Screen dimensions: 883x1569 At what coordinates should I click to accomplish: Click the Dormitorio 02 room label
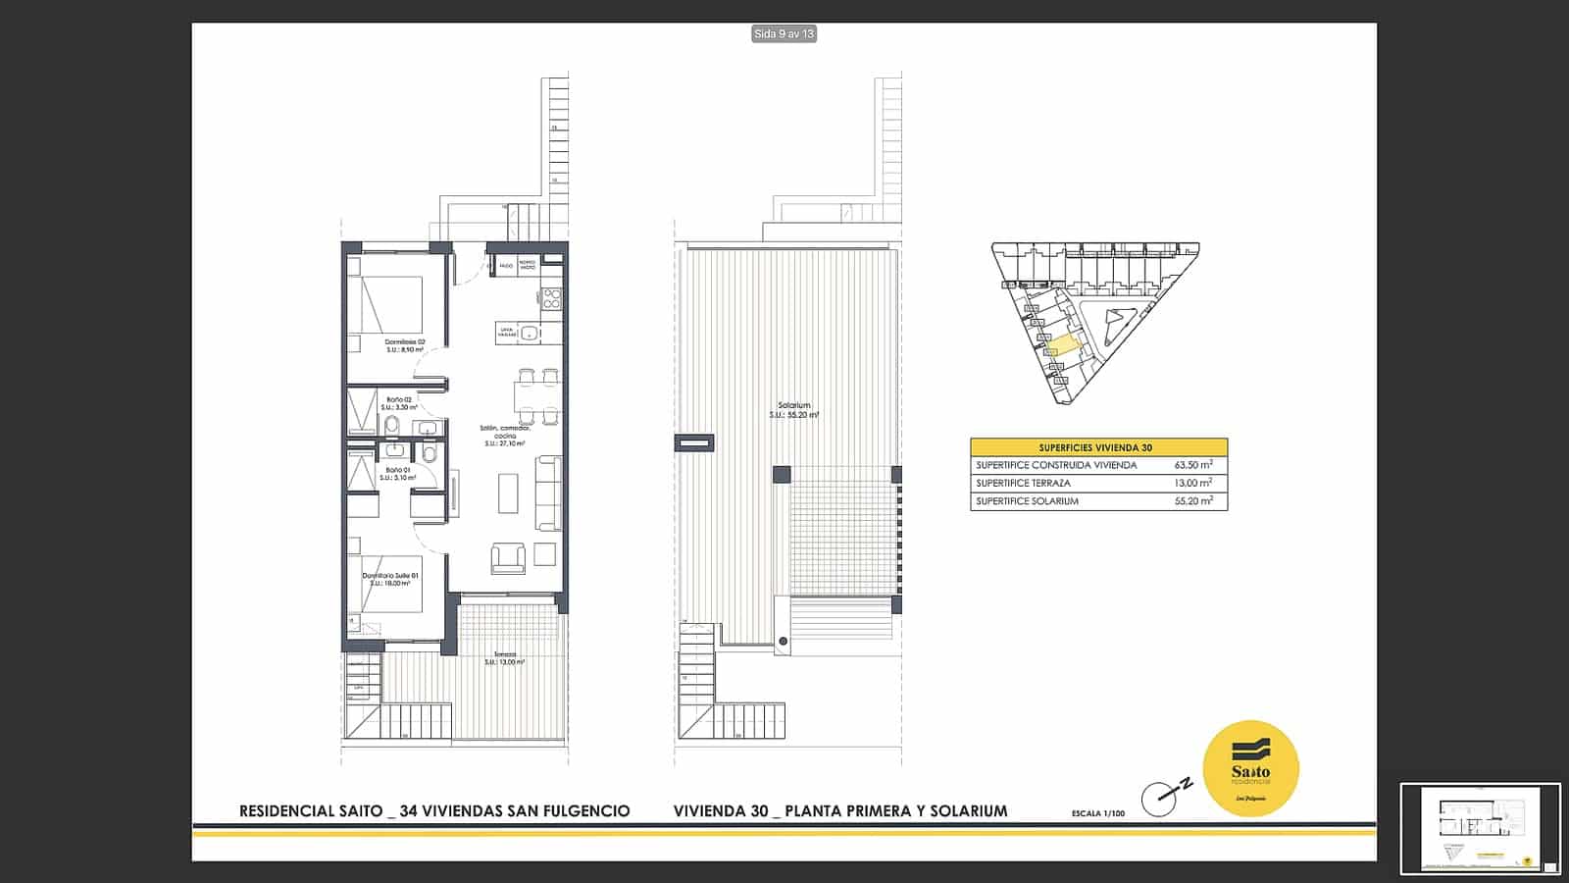coord(404,345)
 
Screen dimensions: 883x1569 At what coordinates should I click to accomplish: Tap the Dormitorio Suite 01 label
coord(390,579)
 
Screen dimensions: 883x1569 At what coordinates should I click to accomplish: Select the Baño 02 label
coord(400,403)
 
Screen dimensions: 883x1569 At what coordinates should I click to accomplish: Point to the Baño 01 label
coord(398,474)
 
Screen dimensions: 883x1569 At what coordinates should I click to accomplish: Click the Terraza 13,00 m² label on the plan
coord(504,658)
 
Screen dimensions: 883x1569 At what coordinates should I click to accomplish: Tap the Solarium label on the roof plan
coord(793,410)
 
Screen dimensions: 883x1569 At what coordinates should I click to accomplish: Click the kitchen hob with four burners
coord(551,298)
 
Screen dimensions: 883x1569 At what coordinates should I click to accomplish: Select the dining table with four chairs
coord(537,395)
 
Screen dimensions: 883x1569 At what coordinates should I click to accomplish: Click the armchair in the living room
coord(508,557)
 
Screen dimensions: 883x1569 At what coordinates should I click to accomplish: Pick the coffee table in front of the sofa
coord(508,493)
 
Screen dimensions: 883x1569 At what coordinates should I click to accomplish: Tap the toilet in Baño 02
coord(392,425)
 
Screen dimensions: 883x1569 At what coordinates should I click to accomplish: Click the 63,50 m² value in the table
coord(1193,465)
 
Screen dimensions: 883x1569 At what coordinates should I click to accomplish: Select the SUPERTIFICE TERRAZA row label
coord(1023,483)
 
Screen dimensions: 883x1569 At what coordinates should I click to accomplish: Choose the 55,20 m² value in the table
coord(1193,500)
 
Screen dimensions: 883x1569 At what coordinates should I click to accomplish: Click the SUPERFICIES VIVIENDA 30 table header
coord(1095,447)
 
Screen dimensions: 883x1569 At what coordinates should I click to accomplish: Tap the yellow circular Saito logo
coord(1250,768)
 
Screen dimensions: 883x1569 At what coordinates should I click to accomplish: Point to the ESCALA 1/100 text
coord(1098,813)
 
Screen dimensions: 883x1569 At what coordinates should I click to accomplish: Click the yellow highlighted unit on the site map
coord(1061,345)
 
